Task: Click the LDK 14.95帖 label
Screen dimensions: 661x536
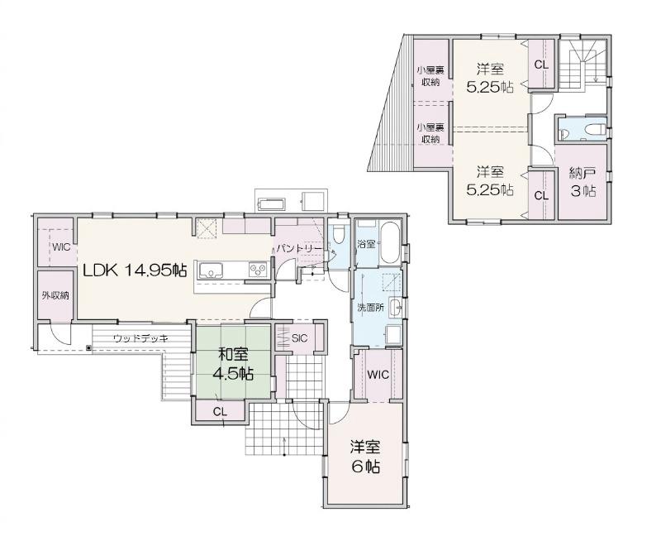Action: click(x=135, y=270)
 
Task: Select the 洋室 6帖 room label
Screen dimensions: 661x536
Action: click(x=365, y=457)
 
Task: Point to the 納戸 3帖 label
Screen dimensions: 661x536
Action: click(x=583, y=182)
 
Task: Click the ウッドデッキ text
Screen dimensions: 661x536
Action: click(x=140, y=338)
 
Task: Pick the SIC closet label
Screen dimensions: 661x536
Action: click(x=300, y=338)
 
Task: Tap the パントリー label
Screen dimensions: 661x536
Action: click(x=299, y=249)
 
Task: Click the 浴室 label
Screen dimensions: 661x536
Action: click(x=366, y=244)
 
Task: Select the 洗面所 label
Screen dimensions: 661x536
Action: click(x=370, y=308)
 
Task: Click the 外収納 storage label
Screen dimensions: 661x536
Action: click(x=55, y=295)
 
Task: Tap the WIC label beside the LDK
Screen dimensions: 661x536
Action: click(x=61, y=247)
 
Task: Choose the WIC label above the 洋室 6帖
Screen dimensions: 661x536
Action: click(x=378, y=375)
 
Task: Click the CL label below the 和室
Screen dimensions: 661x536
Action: click(x=220, y=412)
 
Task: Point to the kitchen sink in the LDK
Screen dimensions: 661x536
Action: click(x=211, y=270)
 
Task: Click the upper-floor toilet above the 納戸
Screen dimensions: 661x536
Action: click(x=596, y=128)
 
